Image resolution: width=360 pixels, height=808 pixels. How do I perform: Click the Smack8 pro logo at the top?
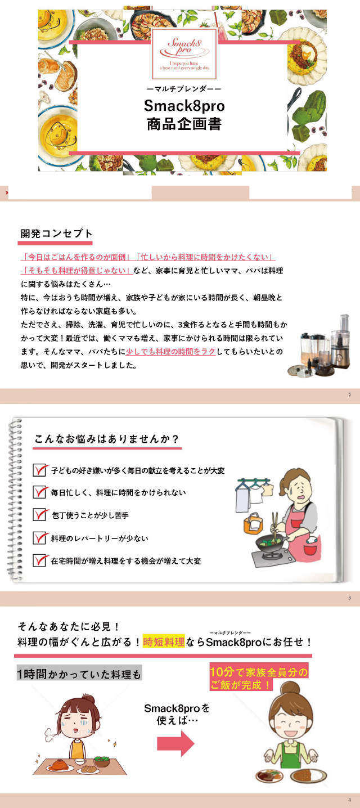click(x=184, y=54)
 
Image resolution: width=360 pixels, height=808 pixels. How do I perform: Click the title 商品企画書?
click(x=184, y=124)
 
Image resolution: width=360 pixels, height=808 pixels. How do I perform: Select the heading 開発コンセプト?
click(x=57, y=234)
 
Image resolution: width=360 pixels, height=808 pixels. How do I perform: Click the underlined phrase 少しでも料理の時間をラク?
click(x=170, y=351)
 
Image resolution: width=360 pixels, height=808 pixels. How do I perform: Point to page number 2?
click(x=349, y=396)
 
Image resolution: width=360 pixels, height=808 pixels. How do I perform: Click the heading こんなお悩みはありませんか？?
click(x=107, y=439)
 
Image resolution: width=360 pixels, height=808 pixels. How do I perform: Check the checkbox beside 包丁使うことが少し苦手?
click(x=40, y=514)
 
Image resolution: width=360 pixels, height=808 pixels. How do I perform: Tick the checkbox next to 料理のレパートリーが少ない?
click(x=40, y=537)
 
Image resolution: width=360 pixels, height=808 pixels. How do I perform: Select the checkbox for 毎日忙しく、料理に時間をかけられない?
click(x=40, y=492)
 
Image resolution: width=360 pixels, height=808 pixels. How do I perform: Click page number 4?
click(x=349, y=800)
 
